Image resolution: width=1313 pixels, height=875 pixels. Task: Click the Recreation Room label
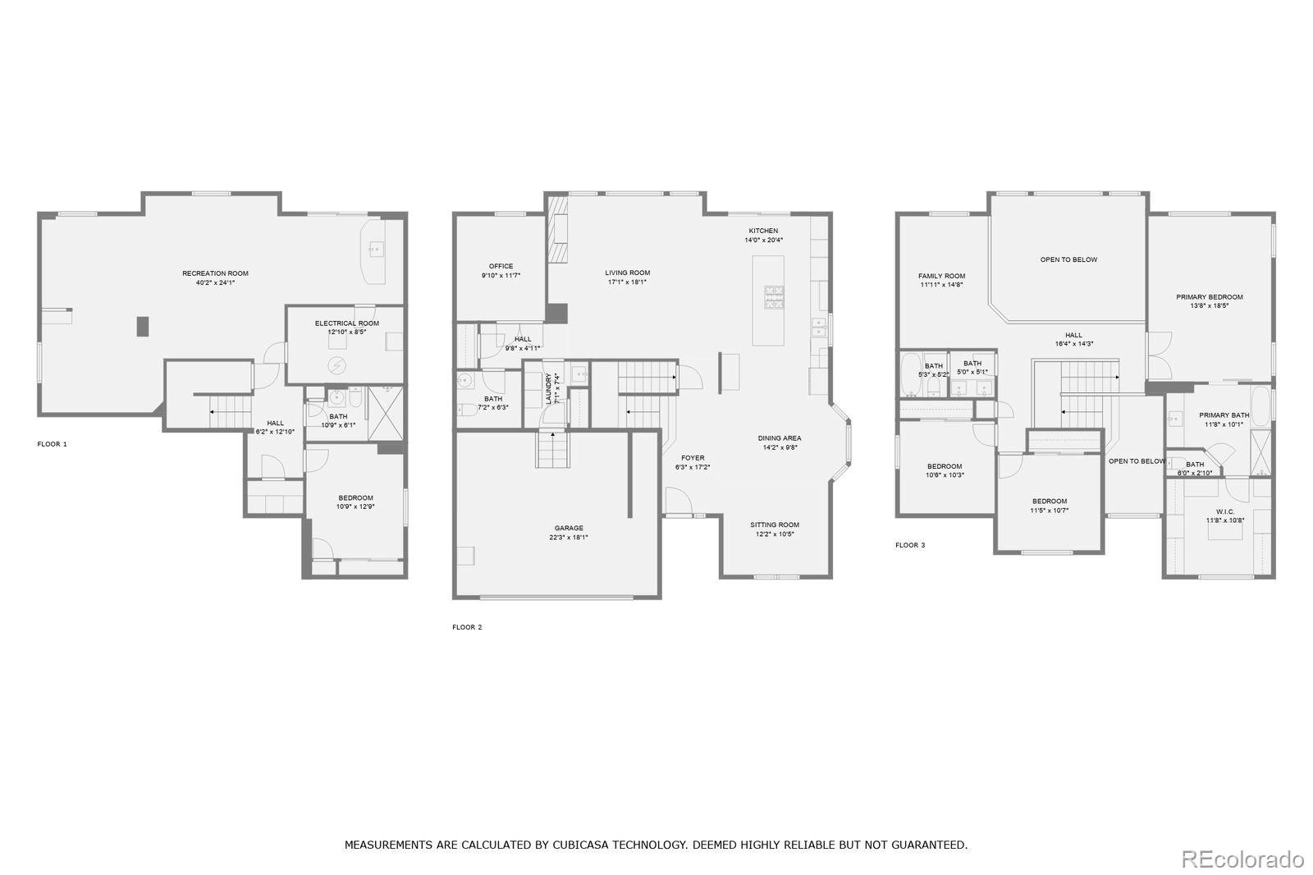pos(215,273)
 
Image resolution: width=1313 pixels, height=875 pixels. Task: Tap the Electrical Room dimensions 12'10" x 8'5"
pos(346,332)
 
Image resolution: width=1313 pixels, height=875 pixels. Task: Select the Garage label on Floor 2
pos(569,528)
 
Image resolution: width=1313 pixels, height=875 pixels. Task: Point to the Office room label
pos(501,266)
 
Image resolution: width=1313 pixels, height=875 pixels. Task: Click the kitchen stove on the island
pos(774,297)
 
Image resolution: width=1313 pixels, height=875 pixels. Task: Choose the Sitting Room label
pos(774,525)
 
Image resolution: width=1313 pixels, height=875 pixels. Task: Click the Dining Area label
pos(779,438)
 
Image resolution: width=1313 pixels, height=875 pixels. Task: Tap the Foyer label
pos(693,458)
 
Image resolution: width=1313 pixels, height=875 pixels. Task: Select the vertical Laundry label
pos(549,388)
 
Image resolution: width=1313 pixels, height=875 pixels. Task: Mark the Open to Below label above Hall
pos(1068,259)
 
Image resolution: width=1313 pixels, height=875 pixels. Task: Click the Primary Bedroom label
pos(1209,297)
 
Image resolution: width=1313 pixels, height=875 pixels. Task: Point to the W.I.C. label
pos(1225,511)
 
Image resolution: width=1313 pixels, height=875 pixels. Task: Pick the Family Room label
pos(941,276)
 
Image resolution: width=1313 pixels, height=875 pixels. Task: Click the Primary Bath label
pos(1224,415)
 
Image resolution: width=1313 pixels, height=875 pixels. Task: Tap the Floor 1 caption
pos(52,444)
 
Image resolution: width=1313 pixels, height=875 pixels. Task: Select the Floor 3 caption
pos(910,545)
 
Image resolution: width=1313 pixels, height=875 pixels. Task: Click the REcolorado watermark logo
pos(1242,859)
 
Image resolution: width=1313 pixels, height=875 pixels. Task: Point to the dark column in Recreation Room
pos(143,326)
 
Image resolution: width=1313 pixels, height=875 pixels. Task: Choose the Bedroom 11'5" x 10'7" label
pos(1050,501)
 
